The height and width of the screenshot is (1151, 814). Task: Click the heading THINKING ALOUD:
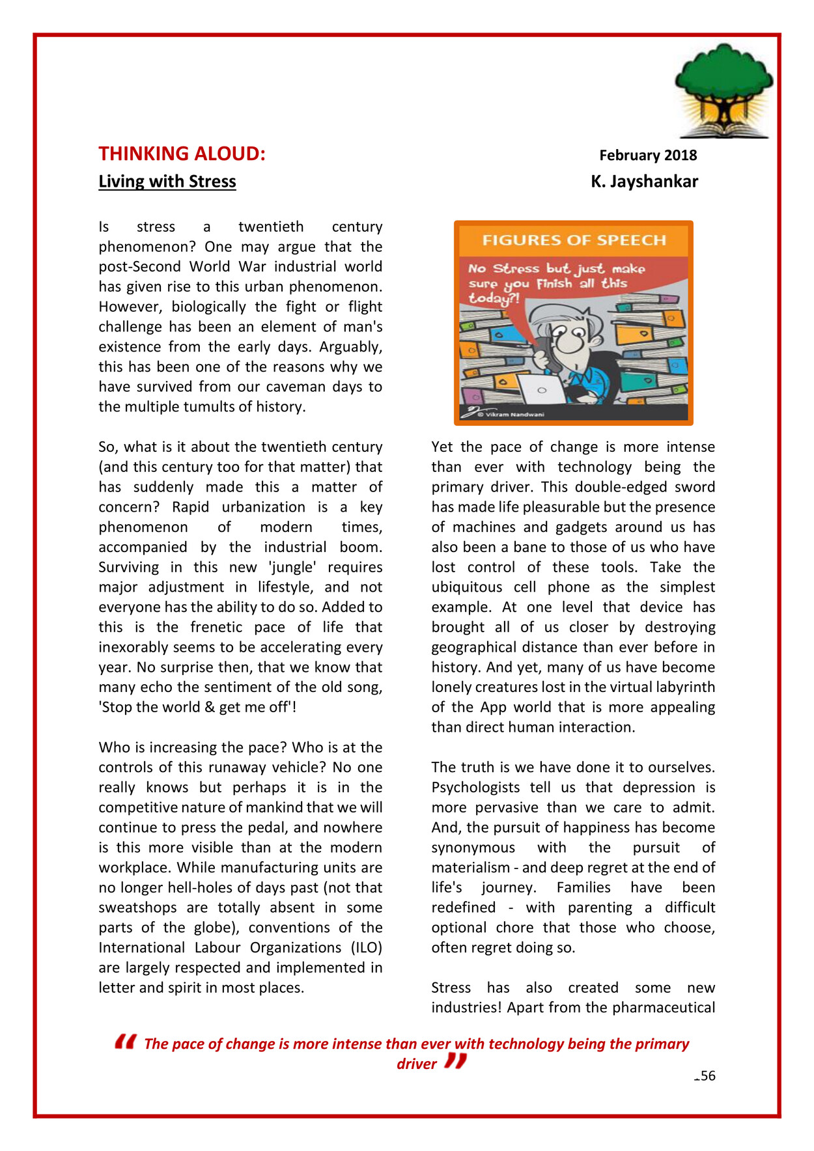point(182,154)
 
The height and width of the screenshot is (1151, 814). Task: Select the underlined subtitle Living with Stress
point(167,181)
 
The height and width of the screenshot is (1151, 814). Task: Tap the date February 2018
point(647,155)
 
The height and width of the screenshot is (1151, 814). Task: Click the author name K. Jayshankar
point(644,181)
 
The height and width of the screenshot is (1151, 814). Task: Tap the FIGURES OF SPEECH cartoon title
point(574,240)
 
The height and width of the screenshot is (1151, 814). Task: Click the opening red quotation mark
point(125,1042)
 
